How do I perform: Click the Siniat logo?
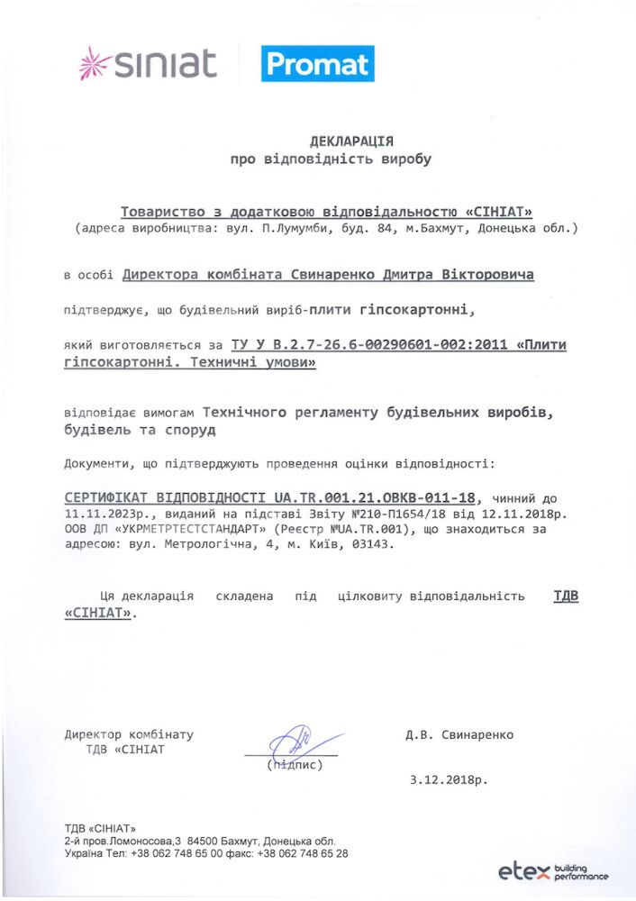pyautogui.click(x=149, y=63)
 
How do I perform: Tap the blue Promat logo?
pyautogui.click(x=317, y=64)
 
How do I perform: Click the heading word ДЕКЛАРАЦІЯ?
pyautogui.click(x=351, y=141)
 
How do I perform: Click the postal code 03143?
pyautogui.click(x=374, y=545)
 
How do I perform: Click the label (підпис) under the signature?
pyautogui.click(x=294, y=765)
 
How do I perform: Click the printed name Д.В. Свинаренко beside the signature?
pyautogui.click(x=459, y=734)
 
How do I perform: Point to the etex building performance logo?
pyautogui.click(x=552, y=871)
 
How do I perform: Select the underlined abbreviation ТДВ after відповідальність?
pyautogui.click(x=565, y=596)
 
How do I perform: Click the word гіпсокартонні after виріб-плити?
pyautogui.click(x=414, y=310)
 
